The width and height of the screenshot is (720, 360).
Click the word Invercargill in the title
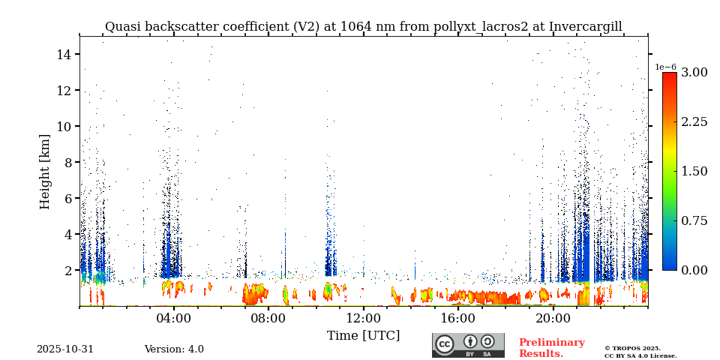(585, 27)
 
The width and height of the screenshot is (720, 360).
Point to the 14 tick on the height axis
(63, 54)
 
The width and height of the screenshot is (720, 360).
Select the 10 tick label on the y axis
(63, 126)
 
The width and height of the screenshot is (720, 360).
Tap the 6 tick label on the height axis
(66, 198)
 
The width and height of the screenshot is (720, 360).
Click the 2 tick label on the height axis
(66, 270)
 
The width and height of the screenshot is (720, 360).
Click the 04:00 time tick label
(174, 318)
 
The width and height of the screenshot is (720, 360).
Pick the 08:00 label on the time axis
(268, 318)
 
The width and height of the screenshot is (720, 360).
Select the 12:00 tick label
(364, 318)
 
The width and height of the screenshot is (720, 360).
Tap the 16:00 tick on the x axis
(458, 318)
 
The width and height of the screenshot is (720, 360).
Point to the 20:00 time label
(553, 318)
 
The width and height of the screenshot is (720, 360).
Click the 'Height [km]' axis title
(45, 171)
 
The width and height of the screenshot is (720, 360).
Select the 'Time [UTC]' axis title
(364, 335)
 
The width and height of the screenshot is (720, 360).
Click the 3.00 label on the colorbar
(694, 73)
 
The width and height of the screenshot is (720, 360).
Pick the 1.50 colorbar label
(694, 171)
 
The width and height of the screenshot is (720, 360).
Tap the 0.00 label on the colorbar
(694, 270)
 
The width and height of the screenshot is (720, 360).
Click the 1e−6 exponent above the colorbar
(665, 67)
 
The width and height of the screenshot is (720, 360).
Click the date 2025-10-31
(65, 349)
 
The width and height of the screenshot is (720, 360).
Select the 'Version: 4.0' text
(174, 349)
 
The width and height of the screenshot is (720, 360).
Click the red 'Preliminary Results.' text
(551, 348)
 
